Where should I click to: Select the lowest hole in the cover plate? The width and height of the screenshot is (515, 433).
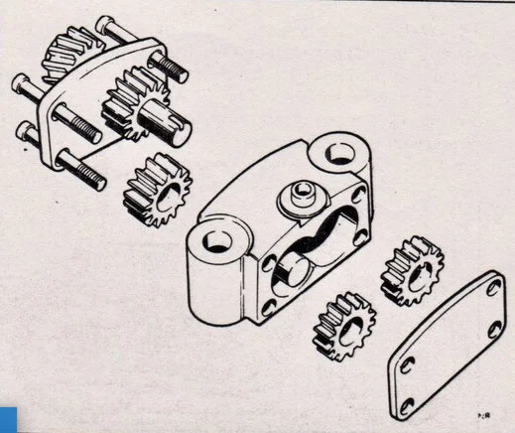[407, 402]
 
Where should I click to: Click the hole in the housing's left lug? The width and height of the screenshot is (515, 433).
[216, 241]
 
